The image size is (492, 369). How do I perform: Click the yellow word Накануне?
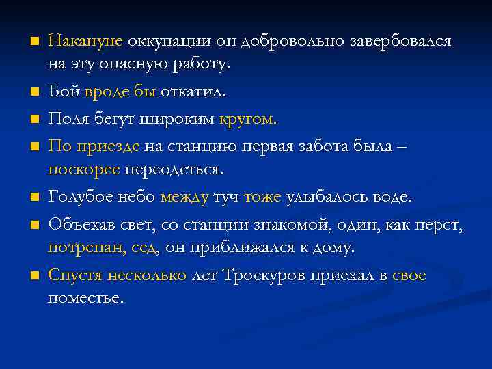coord(85,41)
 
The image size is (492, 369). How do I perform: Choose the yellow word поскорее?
coord(83,168)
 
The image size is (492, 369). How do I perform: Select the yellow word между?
coord(184,197)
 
